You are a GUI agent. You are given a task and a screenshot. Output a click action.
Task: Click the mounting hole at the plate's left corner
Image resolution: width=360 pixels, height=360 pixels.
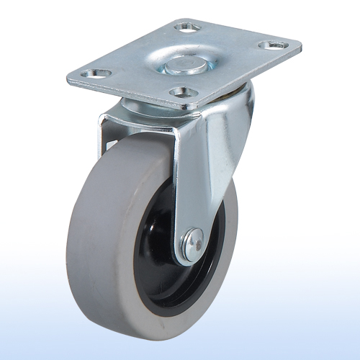[x=94, y=73]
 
